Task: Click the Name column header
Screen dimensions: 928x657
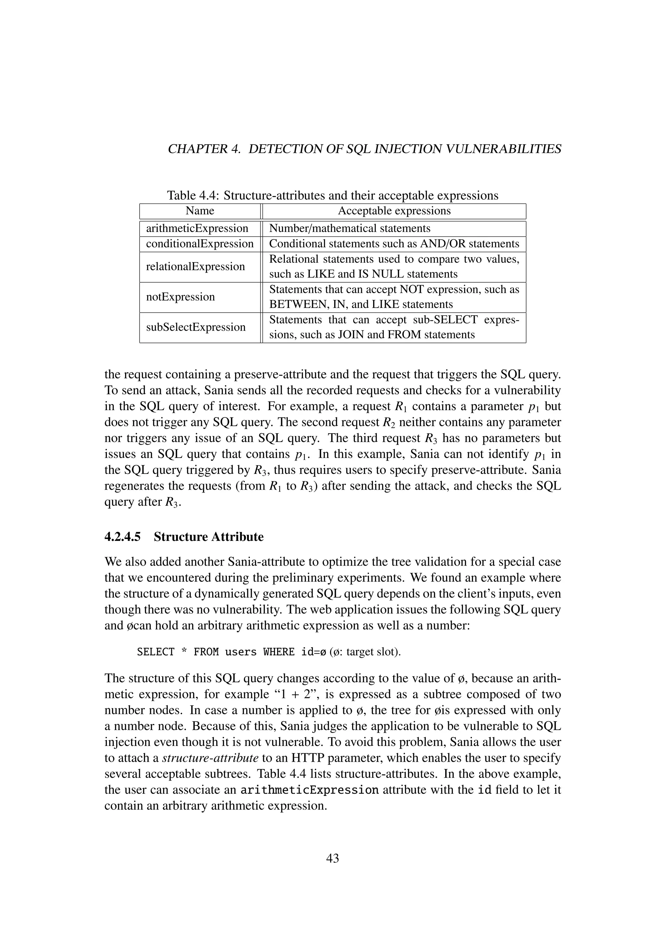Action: coord(200,211)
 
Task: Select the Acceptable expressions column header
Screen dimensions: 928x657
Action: coord(394,211)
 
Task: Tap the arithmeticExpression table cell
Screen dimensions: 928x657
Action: coord(197,228)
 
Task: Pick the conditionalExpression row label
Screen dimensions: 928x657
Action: coord(200,244)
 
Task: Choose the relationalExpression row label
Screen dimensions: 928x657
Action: coord(195,266)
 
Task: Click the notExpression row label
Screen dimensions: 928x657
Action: coord(180,297)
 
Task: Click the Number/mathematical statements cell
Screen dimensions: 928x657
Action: coord(350,228)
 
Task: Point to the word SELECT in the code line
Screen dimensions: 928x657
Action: coord(156,652)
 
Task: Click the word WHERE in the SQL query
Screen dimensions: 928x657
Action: coord(279,652)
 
